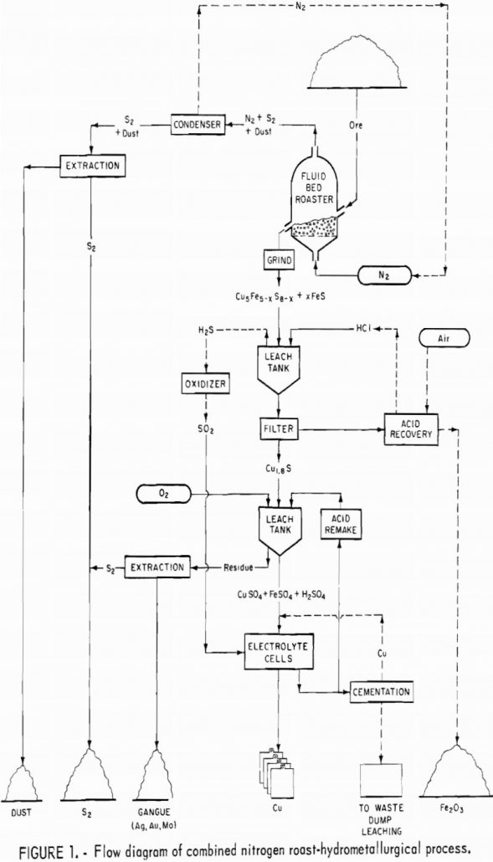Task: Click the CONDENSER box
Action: point(198,125)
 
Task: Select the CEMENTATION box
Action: point(382,692)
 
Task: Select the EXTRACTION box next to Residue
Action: point(156,567)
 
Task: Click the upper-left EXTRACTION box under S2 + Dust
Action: point(92,165)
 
